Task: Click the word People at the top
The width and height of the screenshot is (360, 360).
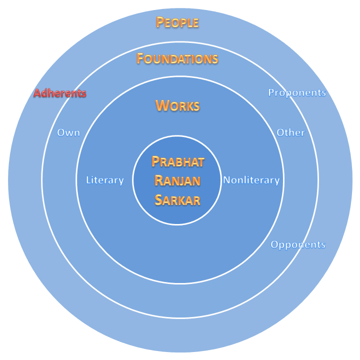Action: pos(177,22)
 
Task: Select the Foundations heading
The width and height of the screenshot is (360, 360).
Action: pos(177,59)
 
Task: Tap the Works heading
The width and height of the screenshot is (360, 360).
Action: pos(177,105)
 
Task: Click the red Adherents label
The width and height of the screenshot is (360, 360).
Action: pos(60,93)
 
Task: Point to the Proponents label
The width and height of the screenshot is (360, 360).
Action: pos(297,92)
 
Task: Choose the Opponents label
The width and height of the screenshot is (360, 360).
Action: pos(298,244)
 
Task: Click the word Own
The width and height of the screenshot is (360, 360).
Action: pos(68,132)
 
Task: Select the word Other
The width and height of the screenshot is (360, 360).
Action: pos(291,132)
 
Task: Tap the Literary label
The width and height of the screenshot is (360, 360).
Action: pos(105,180)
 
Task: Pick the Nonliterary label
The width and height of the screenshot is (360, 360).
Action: pos(251,180)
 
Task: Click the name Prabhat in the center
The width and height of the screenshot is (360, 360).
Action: pos(177,161)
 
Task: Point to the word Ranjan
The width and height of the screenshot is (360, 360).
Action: pos(177,180)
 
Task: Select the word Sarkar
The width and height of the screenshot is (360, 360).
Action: pos(177,200)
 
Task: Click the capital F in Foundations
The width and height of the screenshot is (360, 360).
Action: pos(140,58)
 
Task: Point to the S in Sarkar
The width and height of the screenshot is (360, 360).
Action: pos(158,200)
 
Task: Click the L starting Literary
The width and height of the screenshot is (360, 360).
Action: pos(88,180)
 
